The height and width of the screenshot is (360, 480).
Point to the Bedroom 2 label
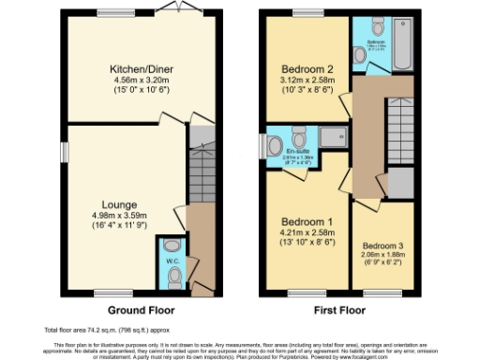coord(307,68)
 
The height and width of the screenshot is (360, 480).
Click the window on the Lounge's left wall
coord(65,151)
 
